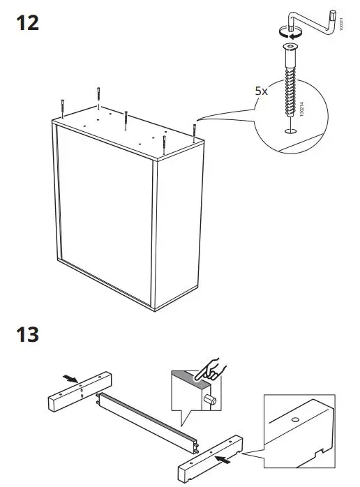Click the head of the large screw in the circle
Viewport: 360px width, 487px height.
287,48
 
